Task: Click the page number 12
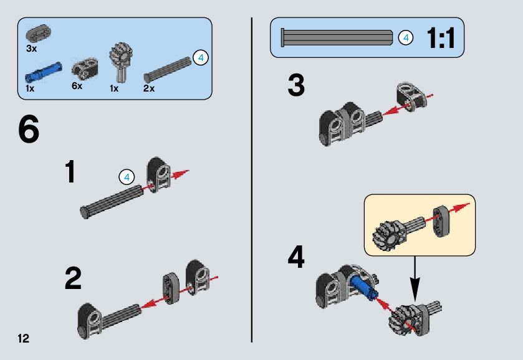pos(24,339)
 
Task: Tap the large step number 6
pos(29,129)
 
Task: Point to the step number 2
pos(73,279)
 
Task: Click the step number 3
pos(296,87)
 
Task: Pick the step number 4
pos(296,258)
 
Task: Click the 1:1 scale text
pos(441,39)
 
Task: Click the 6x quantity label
pos(77,86)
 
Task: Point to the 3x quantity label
pos(32,48)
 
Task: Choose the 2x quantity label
pos(148,88)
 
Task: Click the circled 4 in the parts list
pos(200,58)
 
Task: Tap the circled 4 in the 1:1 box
pos(405,38)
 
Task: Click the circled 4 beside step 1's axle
pos(126,177)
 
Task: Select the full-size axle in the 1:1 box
pos(337,37)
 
